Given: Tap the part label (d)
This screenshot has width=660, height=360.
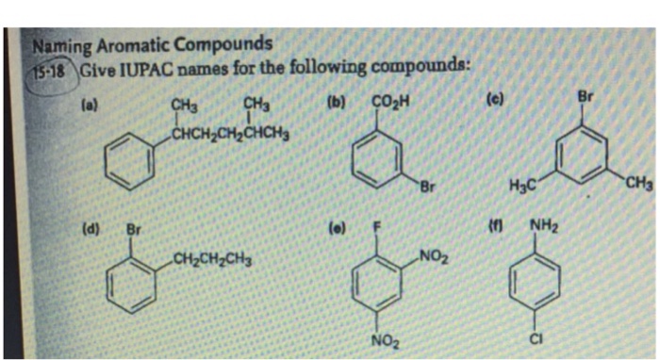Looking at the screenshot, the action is tap(91, 226).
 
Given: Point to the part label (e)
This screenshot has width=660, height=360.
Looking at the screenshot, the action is tap(335, 227).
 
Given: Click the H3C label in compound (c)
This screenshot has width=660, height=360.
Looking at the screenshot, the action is tap(522, 187).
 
